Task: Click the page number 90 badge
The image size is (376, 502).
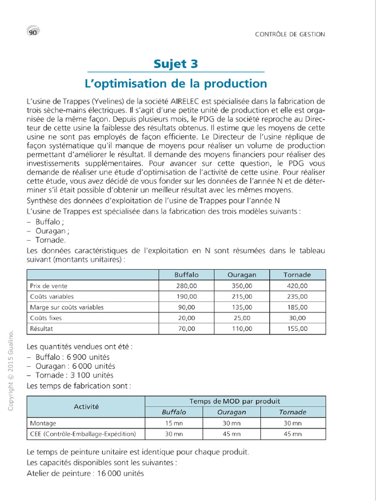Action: click(x=33, y=32)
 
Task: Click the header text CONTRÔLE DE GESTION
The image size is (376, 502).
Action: click(x=290, y=34)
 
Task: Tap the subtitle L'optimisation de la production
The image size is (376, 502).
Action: click(x=176, y=83)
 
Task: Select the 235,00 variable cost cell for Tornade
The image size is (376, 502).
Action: click(x=297, y=296)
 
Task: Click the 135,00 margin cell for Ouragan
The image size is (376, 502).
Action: click(x=242, y=307)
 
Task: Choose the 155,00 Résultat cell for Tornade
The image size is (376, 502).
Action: click(x=297, y=329)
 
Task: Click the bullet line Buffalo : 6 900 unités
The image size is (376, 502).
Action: click(x=72, y=357)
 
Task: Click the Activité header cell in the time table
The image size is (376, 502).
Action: click(x=86, y=406)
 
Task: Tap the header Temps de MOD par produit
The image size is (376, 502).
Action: click(x=235, y=401)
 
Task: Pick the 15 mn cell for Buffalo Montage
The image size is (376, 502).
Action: click(x=174, y=423)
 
